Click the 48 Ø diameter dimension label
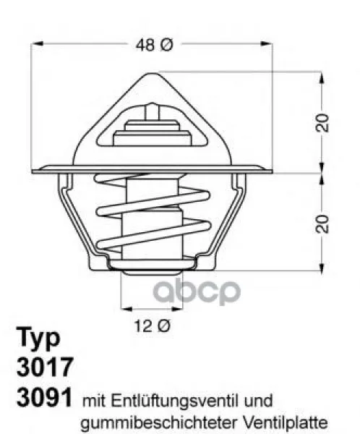pyautogui.click(x=155, y=45)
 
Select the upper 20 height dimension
pyautogui.click(x=322, y=122)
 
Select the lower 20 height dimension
pyautogui.click(x=322, y=224)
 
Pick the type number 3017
pyautogui.click(x=45, y=367)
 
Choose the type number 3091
pyautogui.click(x=45, y=397)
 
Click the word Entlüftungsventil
pyautogui.click(x=175, y=401)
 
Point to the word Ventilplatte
pyautogui.click(x=286, y=422)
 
